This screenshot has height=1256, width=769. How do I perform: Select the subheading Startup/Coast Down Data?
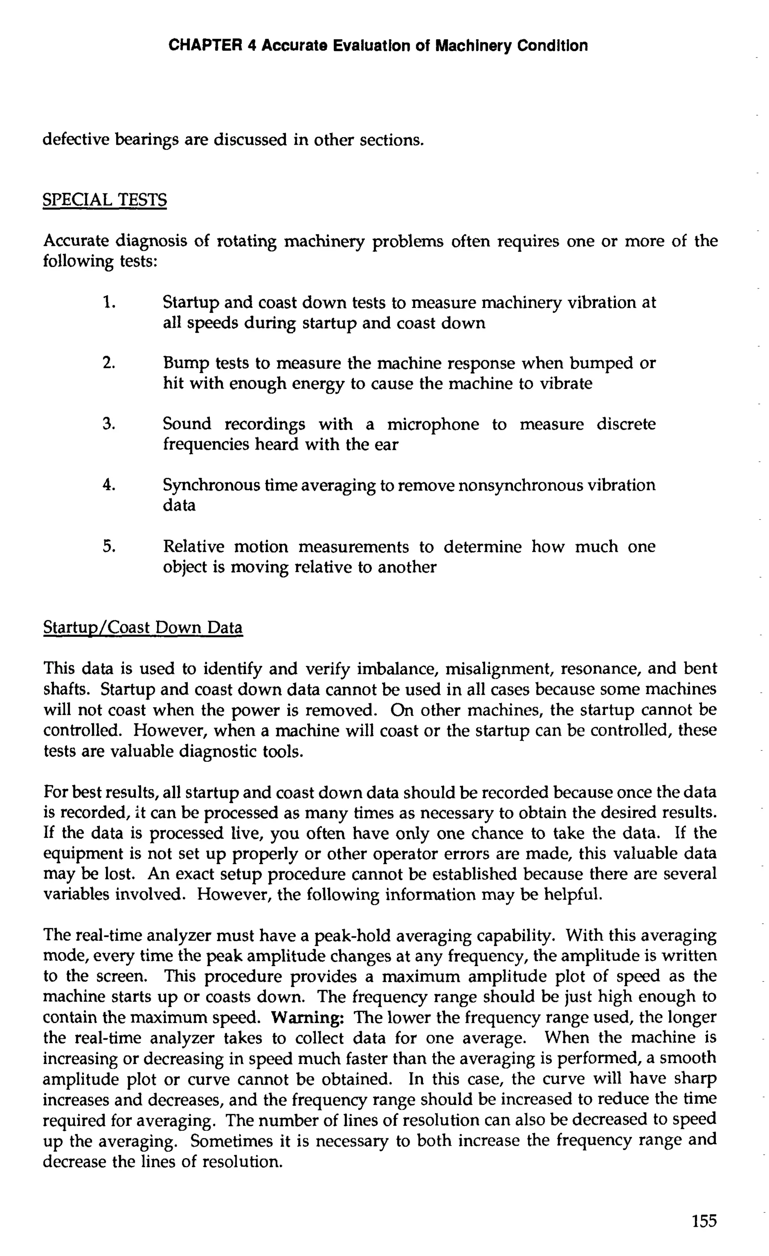tap(143, 627)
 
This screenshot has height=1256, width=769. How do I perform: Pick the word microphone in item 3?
tap(433, 424)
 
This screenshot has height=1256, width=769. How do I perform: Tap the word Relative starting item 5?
tap(193, 547)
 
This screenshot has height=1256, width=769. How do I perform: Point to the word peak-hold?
tap(351, 935)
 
